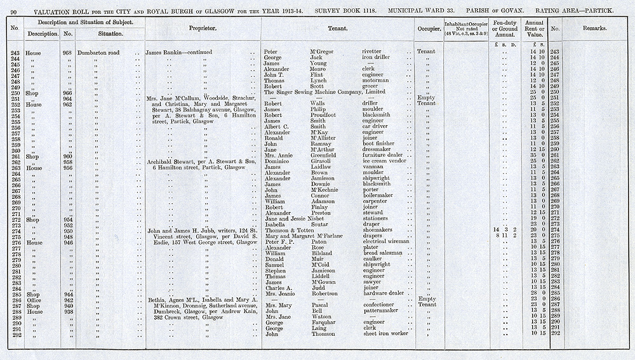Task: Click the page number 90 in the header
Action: pos(13,11)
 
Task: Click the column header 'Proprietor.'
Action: pos(203,29)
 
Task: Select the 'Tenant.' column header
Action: pos(337,29)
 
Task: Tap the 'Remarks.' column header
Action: pos(594,29)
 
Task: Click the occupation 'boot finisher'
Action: pos(378,144)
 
